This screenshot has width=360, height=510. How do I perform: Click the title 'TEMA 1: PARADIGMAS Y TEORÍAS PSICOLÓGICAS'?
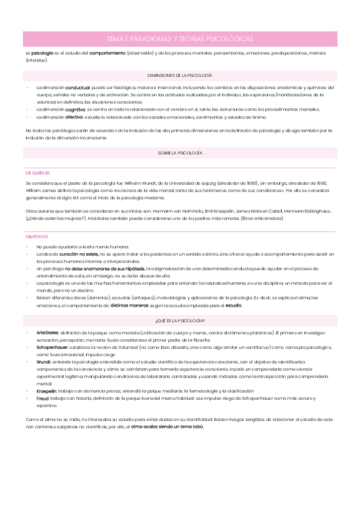click(180, 38)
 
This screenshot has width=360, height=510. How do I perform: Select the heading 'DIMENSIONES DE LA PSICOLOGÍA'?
click(180, 75)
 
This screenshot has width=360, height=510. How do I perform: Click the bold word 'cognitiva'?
click(75, 109)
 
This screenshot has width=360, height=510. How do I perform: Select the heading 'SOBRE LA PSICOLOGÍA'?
click(180, 153)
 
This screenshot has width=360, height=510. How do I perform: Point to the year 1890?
click(323, 182)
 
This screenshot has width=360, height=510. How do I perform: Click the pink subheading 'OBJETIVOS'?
click(36, 236)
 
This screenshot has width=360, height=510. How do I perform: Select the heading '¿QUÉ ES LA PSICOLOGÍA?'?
click(180, 321)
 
